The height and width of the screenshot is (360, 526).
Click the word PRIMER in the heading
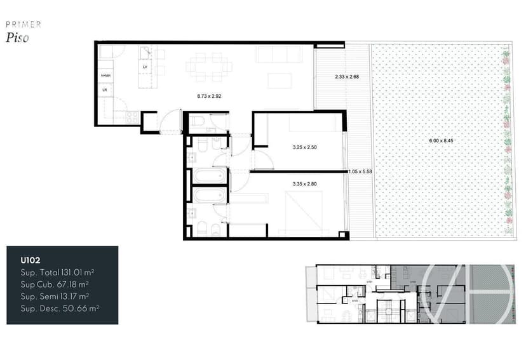click(24, 24)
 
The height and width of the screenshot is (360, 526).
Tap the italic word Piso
click(17, 37)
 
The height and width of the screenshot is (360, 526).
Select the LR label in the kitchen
click(105, 91)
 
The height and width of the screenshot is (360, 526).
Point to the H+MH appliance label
click(105, 76)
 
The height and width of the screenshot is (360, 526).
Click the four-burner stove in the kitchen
click(132, 116)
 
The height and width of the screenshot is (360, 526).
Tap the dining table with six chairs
click(209, 66)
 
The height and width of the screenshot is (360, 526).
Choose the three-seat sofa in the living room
click(279, 55)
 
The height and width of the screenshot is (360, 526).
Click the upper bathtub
click(210, 175)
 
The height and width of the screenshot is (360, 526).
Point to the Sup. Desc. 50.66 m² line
click(60, 308)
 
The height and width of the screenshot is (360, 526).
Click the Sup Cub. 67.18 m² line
click(55, 284)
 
